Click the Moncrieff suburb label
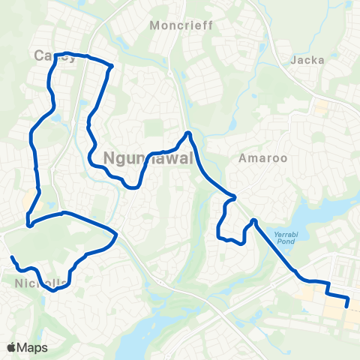pyautogui.click(x=181, y=25)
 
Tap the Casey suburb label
pyautogui.click(x=55, y=57)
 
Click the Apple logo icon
pyautogui.click(x=12, y=347)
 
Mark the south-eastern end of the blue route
pyautogui.click(x=346, y=305)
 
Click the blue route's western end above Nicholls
pyautogui.click(x=12, y=258)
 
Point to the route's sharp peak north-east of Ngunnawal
pyautogui.click(x=188, y=133)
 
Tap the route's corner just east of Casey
pyautogui.click(x=112, y=66)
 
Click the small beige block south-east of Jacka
pyautogui.click(x=321, y=108)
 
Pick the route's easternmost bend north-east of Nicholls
pyautogui.click(x=116, y=235)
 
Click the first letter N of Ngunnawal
pyautogui.click(x=109, y=158)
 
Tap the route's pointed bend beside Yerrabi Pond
pyautogui.click(x=254, y=220)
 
